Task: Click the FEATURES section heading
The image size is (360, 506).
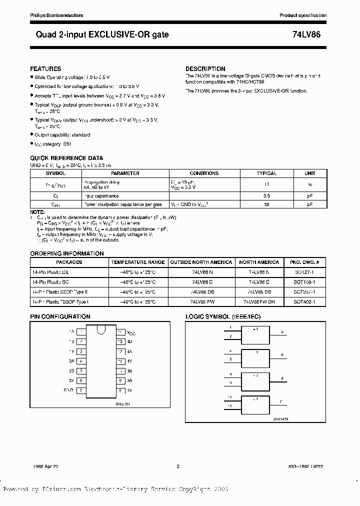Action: pyautogui.click(x=45, y=69)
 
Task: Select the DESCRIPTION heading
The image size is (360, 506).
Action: pyautogui.click(x=205, y=69)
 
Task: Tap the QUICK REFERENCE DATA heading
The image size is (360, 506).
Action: pyautogui.click(x=66, y=158)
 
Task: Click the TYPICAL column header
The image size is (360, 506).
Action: pyautogui.click(x=266, y=173)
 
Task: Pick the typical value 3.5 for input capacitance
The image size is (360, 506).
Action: pyautogui.click(x=266, y=196)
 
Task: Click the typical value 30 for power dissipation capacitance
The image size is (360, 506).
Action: pyautogui.click(x=266, y=204)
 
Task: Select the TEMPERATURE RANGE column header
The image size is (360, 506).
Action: pyautogui.click(x=137, y=262)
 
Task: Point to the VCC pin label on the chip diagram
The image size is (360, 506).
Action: pyautogui.click(x=131, y=332)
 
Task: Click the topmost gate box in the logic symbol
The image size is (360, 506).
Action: pyautogui.click(x=255, y=334)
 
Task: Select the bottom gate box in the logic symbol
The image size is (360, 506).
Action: pyautogui.click(x=255, y=403)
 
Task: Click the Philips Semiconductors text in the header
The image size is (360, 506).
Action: pyautogui.click(x=51, y=16)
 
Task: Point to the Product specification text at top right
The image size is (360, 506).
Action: pyautogui.click(x=303, y=16)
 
